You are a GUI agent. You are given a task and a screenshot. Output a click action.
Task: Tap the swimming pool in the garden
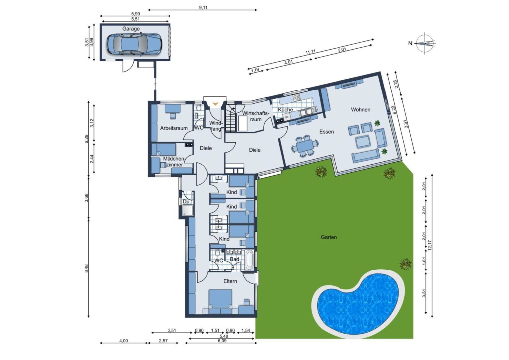coord(358,302)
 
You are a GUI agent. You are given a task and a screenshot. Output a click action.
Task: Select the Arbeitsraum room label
coord(173,128)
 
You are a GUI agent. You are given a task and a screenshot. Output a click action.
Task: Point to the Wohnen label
coord(361,110)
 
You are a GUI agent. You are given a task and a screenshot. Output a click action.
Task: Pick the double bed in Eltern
coord(220,299)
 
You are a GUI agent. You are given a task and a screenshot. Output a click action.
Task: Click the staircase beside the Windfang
coord(231,119)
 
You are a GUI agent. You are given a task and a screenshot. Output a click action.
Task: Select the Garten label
coord(329,237)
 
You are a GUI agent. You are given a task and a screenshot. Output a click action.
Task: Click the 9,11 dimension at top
coord(203,8)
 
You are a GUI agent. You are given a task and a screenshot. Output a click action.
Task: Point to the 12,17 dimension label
coord(430,246)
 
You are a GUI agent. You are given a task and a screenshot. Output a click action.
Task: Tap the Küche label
coord(285,110)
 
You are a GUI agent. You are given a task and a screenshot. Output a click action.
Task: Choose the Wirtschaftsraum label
coord(256,116)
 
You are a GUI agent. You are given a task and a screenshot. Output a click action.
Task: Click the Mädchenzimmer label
coord(173,161)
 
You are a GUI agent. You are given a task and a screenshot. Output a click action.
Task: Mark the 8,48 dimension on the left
coord(86,269)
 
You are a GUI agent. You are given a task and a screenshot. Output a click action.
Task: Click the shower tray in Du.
coord(188,210)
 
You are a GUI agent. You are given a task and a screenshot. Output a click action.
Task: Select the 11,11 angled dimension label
coord(310,52)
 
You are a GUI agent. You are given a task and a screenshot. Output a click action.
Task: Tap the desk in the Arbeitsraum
coord(172,110)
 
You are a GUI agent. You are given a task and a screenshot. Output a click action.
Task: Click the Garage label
coord(131,28)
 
